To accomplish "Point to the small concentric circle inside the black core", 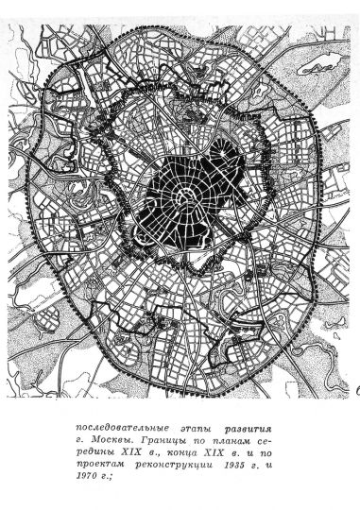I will (x=190, y=196).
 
